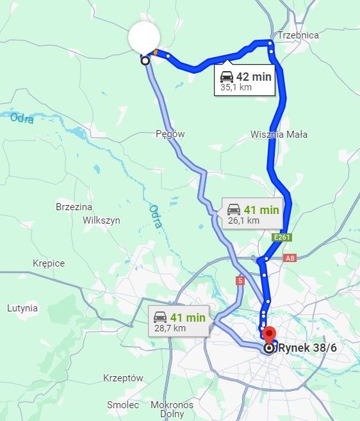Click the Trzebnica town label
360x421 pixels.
coord(298,35)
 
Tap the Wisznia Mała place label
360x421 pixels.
coord(279,135)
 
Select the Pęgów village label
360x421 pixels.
coord(170,134)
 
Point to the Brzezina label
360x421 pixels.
coord(74,207)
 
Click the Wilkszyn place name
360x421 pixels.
coord(102,220)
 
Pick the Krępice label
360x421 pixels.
coord(49,263)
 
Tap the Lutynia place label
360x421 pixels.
coord(22,308)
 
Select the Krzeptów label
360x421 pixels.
coord(123,378)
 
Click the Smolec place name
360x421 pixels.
coord(123,405)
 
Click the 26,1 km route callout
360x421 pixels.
coord(252,214)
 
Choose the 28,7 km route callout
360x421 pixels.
coord(179,321)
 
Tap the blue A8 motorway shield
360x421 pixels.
coord(290,258)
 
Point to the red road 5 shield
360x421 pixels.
coord(240,280)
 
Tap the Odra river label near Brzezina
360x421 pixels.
coord(155,216)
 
